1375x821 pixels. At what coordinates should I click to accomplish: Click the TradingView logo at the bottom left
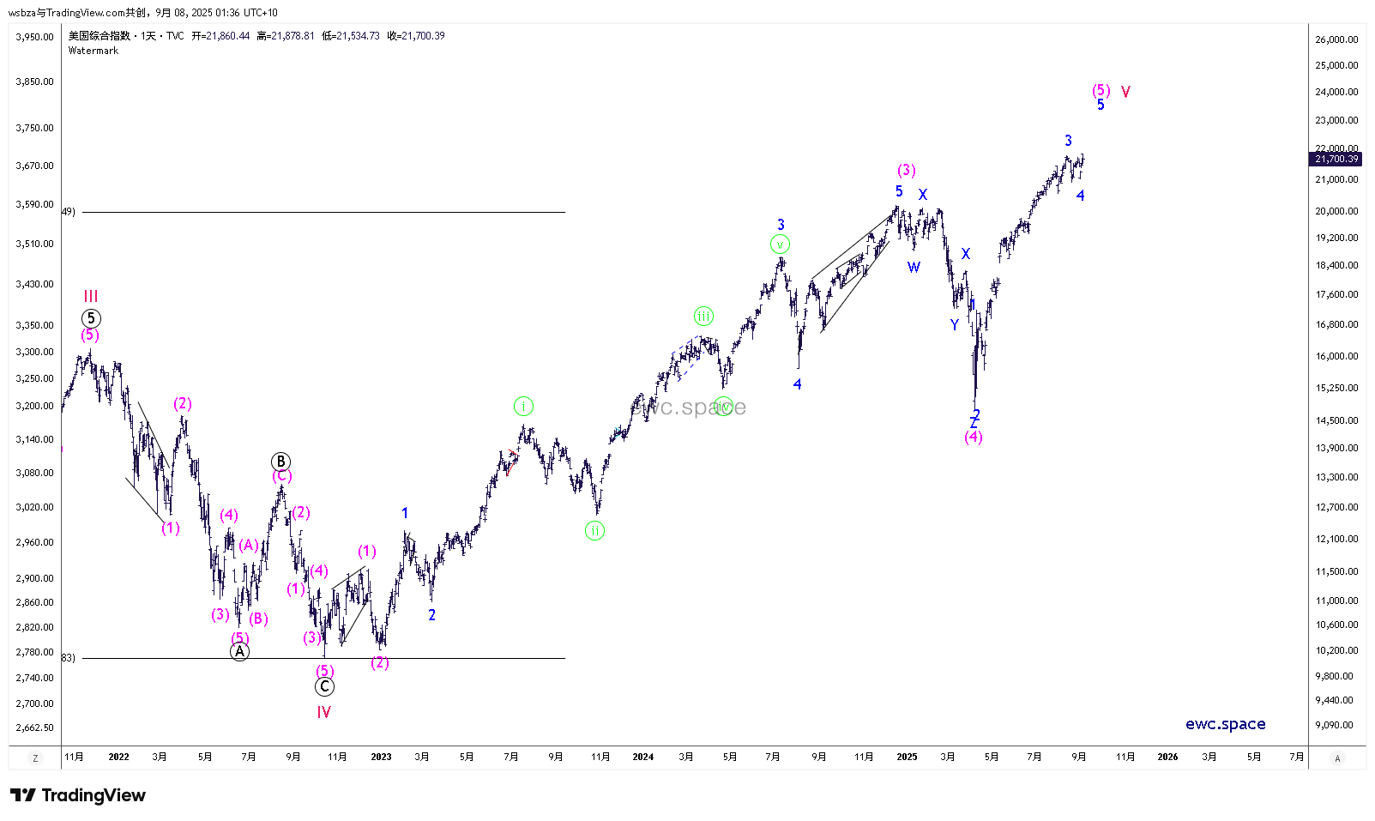coord(78,795)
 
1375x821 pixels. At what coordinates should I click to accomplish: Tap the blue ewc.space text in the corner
coord(1225,724)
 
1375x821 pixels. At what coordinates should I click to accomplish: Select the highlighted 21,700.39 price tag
coord(1336,159)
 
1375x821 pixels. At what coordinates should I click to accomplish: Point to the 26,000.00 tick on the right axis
coord(1336,39)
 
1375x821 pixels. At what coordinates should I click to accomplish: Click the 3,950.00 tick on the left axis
coord(34,37)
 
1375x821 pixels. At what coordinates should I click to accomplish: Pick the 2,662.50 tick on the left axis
coord(34,727)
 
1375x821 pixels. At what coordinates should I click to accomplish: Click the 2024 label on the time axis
coord(642,757)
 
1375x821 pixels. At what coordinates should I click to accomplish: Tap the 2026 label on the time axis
coord(1167,757)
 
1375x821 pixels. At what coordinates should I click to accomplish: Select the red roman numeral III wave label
coord(91,296)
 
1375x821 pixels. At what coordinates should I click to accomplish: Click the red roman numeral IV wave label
coord(323,712)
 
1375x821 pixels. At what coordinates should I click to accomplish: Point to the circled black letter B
coord(280,462)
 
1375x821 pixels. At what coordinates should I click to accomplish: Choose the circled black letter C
coord(324,686)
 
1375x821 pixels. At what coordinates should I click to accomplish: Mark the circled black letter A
coord(239,651)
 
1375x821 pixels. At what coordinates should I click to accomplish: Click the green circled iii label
coord(703,317)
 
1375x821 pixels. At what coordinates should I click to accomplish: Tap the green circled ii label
coord(594,530)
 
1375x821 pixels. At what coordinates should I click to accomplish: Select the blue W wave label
coord(914,268)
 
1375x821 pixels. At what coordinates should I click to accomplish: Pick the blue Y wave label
coord(955,325)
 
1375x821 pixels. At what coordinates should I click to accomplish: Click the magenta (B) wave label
coord(258,619)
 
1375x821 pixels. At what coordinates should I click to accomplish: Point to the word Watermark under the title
coord(93,51)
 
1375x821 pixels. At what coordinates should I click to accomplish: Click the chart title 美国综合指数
coord(100,36)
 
